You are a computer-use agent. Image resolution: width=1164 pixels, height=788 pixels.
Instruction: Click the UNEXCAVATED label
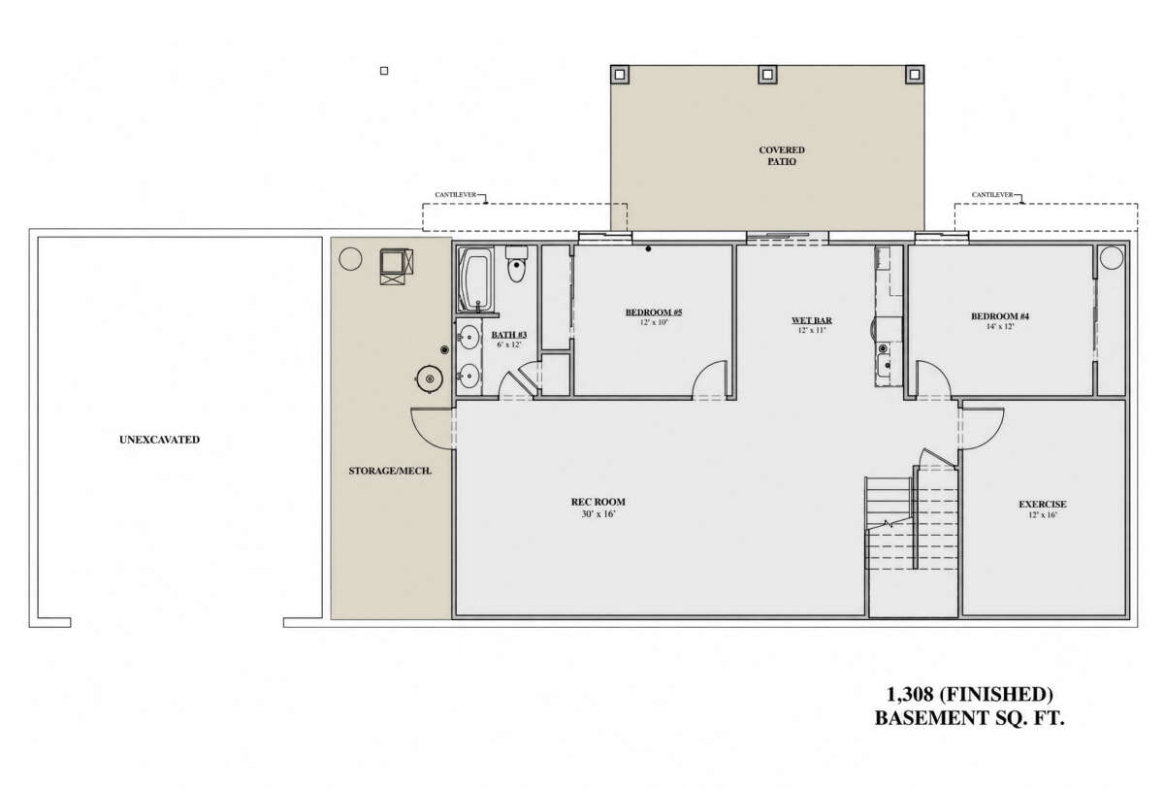click(x=159, y=440)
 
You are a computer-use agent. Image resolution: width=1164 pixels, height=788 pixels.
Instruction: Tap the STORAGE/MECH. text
click(x=390, y=471)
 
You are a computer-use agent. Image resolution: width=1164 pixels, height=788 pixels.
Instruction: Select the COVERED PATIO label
click(x=782, y=155)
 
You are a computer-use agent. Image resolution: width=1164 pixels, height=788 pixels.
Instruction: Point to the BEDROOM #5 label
click(x=654, y=312)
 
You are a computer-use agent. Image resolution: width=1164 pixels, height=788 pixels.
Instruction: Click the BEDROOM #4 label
click(x=1000, y=316)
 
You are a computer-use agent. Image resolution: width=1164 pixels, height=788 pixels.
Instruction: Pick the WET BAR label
click(x=812, y=320)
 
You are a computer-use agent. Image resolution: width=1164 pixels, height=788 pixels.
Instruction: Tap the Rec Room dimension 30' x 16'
click(x=598, y=514)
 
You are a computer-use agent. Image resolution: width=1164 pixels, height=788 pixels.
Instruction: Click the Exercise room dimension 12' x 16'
click(x=1043, y=515)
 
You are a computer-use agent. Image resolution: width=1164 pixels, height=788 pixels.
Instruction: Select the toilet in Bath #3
click(x=516, y=264)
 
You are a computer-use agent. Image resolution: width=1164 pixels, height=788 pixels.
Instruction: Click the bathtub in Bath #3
click(x=476, y=279)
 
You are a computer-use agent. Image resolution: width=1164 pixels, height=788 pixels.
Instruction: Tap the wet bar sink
click(x=883, y=364)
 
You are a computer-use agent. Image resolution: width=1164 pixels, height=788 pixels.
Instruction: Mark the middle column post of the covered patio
click(x=767, y=75)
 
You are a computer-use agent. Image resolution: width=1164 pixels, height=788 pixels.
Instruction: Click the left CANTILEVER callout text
click(x=456, y=195)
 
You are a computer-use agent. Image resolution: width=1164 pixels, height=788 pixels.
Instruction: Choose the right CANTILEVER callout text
click(x=992, y=195)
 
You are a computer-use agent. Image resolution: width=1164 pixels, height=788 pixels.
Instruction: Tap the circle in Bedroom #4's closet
click(x=1112, y=258)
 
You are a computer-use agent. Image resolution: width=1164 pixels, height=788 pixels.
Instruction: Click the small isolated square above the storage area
click(x=384, y=71)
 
